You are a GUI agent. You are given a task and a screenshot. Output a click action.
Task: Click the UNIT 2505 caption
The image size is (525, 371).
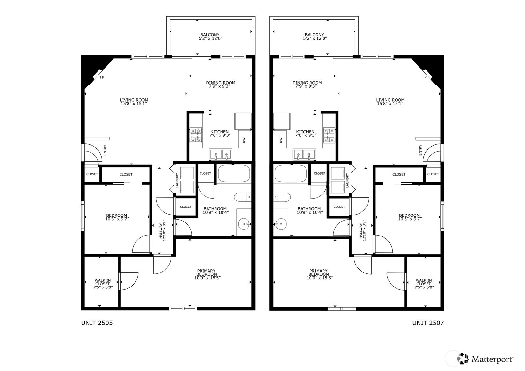click(x=97, y=323)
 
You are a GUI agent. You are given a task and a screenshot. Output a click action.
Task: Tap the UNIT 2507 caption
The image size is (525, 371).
click(x=428, y=323)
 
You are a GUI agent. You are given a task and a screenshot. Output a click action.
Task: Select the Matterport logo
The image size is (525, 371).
click(x=485, y=359)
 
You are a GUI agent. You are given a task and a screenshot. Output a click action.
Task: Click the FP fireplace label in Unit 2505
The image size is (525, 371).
click(x=102, y=77)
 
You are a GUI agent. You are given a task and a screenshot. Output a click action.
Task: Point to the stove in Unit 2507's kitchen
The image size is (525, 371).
click(x=329, y=135)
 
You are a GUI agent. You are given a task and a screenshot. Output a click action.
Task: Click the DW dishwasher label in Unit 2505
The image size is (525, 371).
click(x=244, y=140)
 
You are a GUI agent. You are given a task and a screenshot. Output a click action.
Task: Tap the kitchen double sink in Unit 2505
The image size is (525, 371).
click(x=221, y=155)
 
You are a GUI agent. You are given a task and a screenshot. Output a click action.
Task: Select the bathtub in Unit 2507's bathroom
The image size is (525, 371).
click(x=290, y=173)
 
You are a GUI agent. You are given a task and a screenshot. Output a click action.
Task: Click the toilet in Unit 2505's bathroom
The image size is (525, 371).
click(x=243, y=197)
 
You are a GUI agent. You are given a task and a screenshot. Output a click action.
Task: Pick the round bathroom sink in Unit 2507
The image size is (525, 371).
click(x=281, y=224)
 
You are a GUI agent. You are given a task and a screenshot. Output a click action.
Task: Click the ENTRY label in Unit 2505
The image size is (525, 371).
click(x=105, y=150)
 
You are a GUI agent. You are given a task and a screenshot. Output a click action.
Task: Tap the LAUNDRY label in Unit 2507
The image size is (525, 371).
click(x=347, y=180)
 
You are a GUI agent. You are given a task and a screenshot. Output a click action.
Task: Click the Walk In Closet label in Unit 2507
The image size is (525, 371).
click(x=424, y=282)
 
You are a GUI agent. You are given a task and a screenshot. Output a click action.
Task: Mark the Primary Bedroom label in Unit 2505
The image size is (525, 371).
click(x=206, y=273)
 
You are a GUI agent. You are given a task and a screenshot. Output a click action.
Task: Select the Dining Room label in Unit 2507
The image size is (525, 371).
click(x=307, y=83)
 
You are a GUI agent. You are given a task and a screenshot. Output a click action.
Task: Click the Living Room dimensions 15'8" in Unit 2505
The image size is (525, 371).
click(x=134, y=104)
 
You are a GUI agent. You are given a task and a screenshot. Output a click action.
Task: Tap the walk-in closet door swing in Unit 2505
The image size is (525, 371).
click(x=129, y=281)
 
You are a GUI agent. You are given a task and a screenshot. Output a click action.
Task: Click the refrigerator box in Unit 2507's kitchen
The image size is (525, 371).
click(x=282, y=121)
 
